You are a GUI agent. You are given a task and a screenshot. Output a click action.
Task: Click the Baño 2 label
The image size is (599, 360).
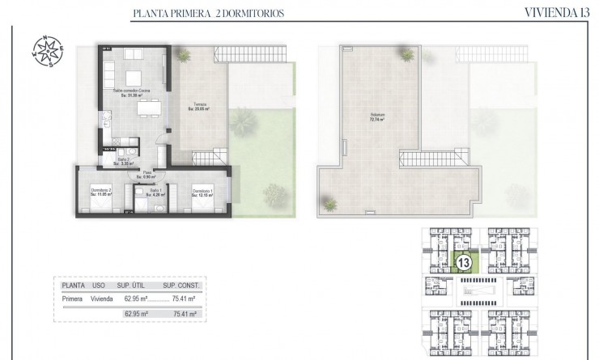tap(122, 161)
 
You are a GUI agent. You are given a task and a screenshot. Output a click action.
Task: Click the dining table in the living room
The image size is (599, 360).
tap(147, 108)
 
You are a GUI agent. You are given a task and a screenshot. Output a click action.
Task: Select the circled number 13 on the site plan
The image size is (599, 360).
tap(465, 262)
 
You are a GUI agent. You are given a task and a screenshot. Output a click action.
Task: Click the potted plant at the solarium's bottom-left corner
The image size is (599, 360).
tap(329, 203)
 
